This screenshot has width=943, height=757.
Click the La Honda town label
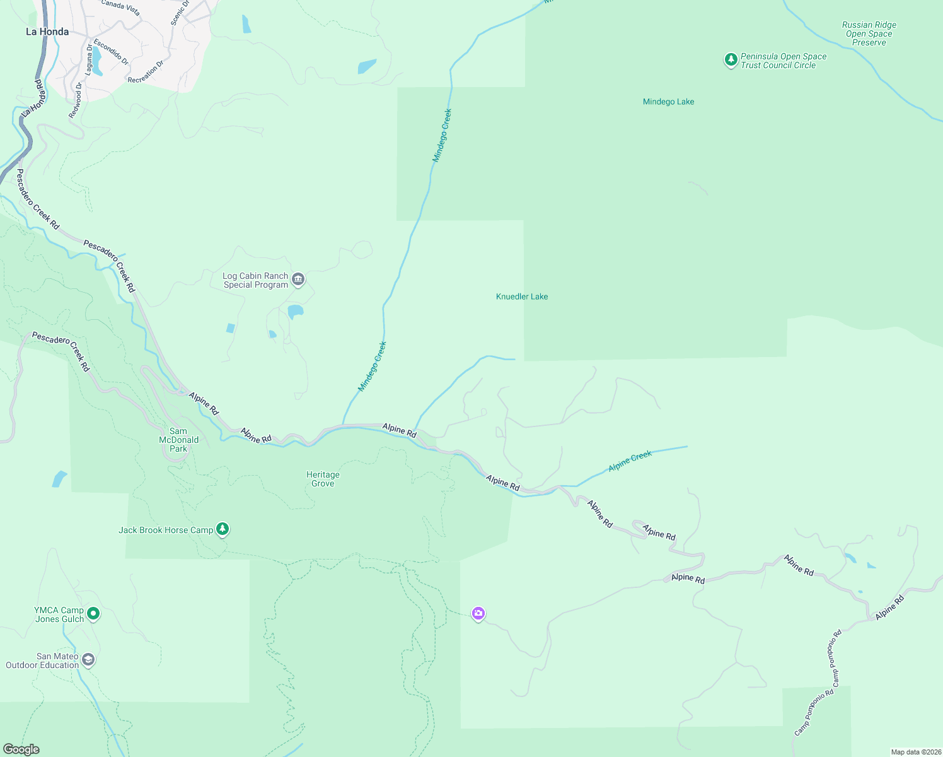click(x=47, y=32)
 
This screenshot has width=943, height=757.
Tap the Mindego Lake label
click(x=668, y=102)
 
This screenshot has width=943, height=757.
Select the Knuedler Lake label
click(x=522, y=296)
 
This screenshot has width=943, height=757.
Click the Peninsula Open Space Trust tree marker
click(x=731, y=60)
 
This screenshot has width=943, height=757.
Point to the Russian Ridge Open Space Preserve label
click(x=869, y=34)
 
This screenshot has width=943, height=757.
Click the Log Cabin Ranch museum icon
click(x=299, y=279)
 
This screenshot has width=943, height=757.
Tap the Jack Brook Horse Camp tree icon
click(x=222, y=529)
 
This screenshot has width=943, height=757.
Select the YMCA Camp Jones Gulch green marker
click(x=93, y=613)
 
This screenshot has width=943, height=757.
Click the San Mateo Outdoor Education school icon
click(x=88, y=660)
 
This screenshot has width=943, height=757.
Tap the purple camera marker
click(x=478, y=613)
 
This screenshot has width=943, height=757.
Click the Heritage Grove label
click(x=323, y=479)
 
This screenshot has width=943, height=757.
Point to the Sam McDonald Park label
click(x=178, y=440)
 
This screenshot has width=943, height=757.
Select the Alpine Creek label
click(x=630, y=461)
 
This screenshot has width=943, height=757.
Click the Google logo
click(x=21, y=749)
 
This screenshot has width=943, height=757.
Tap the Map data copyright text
click(x=916, y=752)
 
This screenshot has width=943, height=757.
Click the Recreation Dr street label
click(x=146, y=72)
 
